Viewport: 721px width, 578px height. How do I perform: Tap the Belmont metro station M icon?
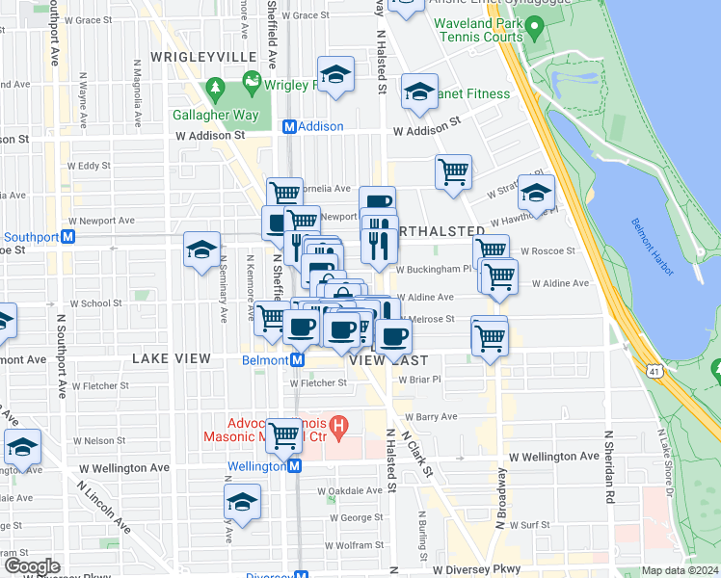pyautogui.click(x=298, y=360)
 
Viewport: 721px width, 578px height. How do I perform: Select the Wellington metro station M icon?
pyautogui.click(x=295, y=466)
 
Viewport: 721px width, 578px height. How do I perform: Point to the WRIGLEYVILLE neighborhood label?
pyautogui.click(x=210, y=57)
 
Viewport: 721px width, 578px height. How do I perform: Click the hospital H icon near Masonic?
pyautogui.click(x=337, y=424)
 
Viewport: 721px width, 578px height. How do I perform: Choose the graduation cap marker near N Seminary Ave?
pyautogui.click(x=200, y=250)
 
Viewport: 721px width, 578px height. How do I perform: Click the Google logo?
pyautogui.click(x=31, y=566)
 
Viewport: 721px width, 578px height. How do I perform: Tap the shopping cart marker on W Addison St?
pyautogui.click(x=453, y=171)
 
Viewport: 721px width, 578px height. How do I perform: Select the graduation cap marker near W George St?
pyautogui.click(x=242, y=501)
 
